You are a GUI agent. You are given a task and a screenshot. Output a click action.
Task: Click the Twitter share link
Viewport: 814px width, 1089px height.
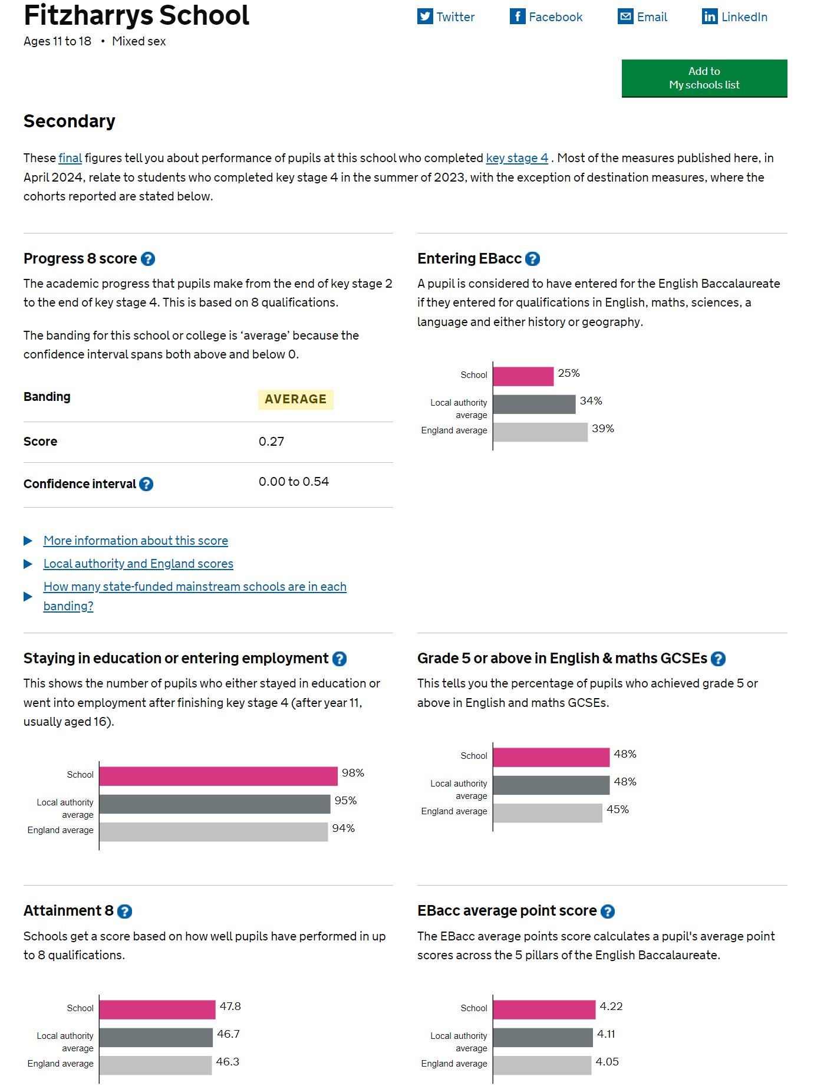click(x=446, y=17)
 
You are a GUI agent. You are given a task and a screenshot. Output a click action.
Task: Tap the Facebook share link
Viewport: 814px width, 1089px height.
click(x=546, y=17)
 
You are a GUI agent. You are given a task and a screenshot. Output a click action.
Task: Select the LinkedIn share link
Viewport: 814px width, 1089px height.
click(x=734, y=17)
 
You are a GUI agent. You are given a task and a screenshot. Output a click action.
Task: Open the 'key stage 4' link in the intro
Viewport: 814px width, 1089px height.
click(x=517, y=158)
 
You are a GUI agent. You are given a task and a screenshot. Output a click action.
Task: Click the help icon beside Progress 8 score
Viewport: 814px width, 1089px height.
click(x=148, y=259)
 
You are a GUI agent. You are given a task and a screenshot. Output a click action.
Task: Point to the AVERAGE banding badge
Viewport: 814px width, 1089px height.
click(x=295, y=399)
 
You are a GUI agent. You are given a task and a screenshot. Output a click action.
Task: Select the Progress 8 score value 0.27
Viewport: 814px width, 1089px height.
click(x=271, y=442)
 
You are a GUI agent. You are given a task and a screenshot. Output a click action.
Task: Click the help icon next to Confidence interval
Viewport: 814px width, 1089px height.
click(x=146, y=484)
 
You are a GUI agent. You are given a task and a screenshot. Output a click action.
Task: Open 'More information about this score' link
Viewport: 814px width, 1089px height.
click(x=136, y=541)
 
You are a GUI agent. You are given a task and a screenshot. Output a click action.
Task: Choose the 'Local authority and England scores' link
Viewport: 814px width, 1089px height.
click(x=139, y=564)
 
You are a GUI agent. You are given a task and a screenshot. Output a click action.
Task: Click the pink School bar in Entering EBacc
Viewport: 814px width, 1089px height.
click(x=523, y=376)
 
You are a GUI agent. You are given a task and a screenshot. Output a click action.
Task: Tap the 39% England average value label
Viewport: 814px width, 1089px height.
click(x=603, y=429)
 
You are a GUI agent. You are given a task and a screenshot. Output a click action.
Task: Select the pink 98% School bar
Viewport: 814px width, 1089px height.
click(x=219, y=776)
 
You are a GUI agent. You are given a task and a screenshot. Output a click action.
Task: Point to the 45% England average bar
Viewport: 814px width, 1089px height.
click(x=548, y=813)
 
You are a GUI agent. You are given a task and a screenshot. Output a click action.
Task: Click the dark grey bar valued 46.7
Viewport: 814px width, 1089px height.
click(x=156, y=1038)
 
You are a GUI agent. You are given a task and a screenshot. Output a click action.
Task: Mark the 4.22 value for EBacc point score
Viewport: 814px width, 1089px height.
click(x=611, y=1006)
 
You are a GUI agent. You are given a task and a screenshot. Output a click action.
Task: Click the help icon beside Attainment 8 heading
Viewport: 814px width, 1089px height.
click(x=124, y=912)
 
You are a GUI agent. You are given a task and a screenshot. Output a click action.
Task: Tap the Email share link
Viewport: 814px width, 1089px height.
click(x=642, y=17)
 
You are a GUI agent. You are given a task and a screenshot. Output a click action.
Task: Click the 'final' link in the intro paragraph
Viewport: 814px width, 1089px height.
click(x=70, y=158)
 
